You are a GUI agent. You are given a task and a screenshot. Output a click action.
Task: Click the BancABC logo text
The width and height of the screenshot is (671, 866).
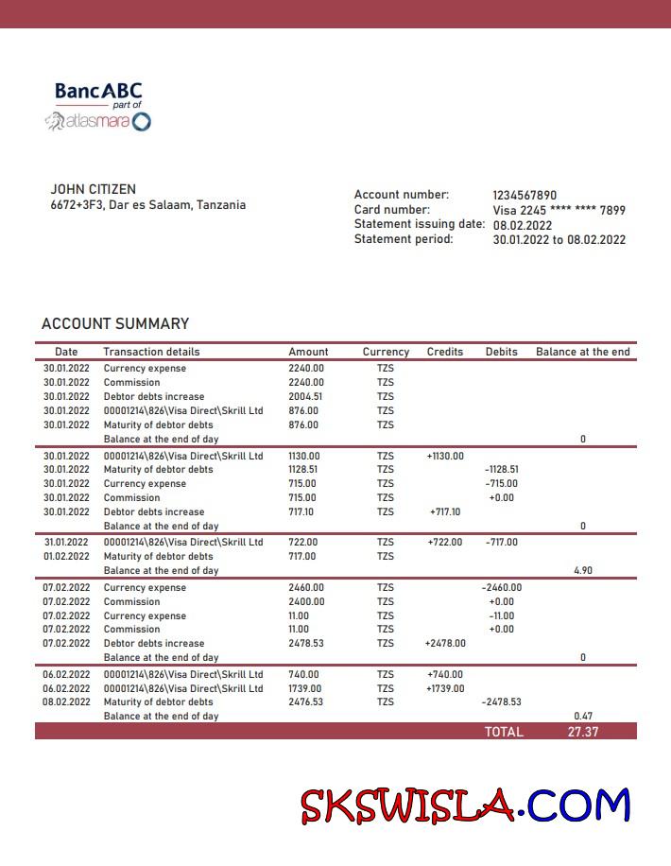[98, 92]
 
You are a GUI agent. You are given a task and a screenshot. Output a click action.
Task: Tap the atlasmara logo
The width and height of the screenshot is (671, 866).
[98, 121]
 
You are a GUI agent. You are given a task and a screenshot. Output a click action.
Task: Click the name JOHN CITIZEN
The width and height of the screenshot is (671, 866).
[93, 189]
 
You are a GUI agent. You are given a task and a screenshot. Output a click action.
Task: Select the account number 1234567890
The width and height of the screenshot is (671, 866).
[525, 195]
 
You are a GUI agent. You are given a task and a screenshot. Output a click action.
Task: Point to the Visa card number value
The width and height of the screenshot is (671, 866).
[559, 210]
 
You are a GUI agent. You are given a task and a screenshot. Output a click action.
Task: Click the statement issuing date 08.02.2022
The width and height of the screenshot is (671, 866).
[523, 225]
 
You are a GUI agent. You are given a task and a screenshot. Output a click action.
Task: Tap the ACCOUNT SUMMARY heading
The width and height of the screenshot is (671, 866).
[115, 323]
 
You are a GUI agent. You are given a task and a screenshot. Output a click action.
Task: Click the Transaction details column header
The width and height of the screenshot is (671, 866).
[151, 352]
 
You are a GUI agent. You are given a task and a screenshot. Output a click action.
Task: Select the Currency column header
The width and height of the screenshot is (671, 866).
[386, 352]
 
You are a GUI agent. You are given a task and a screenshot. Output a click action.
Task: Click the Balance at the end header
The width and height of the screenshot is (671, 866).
[582, 352]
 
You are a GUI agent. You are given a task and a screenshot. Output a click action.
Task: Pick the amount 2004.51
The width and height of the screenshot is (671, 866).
[305, 397]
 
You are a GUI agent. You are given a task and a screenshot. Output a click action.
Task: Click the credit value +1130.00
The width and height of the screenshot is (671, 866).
[445, 456]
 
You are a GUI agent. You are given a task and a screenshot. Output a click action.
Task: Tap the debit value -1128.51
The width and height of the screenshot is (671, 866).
[501, 469]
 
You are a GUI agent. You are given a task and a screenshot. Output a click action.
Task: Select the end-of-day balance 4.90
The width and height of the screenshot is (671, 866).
[582, 571]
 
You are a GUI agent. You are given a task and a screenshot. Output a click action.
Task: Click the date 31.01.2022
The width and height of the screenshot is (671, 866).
[66, 543]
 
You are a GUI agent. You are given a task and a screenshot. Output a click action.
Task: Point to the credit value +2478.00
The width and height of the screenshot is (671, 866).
[445, 643]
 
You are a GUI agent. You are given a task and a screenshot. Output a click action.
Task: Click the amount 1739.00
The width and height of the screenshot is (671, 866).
[305, 688]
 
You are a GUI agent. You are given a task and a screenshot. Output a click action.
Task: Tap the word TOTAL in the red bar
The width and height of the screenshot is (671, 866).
[504, 732]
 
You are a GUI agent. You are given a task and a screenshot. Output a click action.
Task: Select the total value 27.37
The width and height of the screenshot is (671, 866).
[582, 732]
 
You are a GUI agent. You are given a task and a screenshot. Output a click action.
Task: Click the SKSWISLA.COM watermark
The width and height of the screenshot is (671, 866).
[465, 805]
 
